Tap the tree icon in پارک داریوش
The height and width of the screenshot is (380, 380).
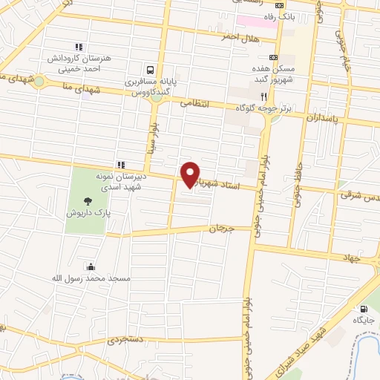coord(88,200)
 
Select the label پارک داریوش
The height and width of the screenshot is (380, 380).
coord(88,212)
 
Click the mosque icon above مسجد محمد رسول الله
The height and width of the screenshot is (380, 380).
coord(91,267)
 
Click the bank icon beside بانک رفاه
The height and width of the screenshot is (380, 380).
coord(279,5)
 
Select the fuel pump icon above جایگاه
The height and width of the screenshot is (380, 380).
coord(363,309)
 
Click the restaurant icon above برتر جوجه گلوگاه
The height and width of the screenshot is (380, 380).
coord(263,96)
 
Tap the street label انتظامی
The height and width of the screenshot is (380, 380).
coord(195,104)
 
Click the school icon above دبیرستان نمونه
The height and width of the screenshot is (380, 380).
coord(120,165)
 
